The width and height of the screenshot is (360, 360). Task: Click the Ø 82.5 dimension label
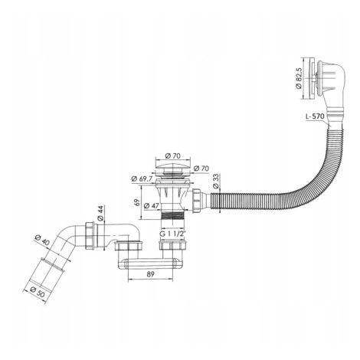click(299, 78)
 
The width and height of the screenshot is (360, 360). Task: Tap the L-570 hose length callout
click(315, 116)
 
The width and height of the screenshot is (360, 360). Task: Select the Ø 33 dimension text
click(216, 181)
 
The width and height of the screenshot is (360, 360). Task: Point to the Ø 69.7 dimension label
click(142, 178)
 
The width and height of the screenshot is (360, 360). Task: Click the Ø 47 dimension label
click(152, 205)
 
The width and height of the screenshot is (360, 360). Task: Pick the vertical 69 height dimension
click(137, 202)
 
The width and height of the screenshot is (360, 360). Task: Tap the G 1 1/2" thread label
click(172, 234)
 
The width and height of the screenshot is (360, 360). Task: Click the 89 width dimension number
click(151, 274)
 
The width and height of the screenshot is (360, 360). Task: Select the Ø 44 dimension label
click(100, 213)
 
